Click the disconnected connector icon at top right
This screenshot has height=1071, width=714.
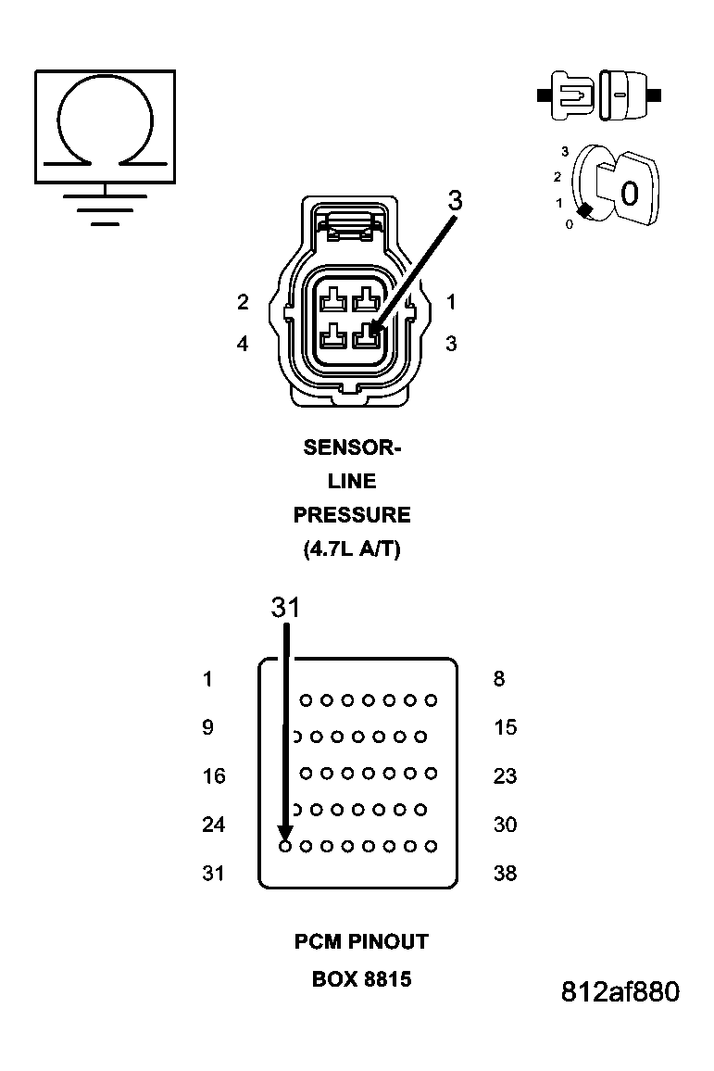click(x=600, y=94)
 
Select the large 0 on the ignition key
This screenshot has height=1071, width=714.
click(x=630, y=195)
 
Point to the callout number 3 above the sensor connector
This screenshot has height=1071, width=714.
click(x=455, y=201)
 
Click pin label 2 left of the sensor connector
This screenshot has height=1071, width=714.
click(x=243, y=302)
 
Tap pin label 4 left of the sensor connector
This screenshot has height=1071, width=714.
click(x=243, y=344)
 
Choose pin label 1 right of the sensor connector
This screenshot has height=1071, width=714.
click(x=451, y=302)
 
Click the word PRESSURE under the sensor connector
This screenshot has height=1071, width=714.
click(x=352, y=515)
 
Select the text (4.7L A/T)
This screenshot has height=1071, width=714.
click(x=352, y=548)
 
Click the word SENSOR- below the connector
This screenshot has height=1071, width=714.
click(x=352, y=448)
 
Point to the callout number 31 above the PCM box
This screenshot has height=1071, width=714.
click(x=285, y=608)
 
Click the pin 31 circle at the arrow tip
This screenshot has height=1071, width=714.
click(x=285, y=846)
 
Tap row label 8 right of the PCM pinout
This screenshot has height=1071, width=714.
click(x=499, y=679)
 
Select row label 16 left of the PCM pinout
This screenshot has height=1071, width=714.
click(x=214, y=776)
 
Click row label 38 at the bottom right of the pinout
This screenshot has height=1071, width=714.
click(x=505, y=874)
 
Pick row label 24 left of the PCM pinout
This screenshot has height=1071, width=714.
click(x=214, y=825)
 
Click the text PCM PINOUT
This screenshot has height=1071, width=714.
click(x=361, y=942)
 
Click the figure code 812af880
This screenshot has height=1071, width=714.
click(x=620, y=992)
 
